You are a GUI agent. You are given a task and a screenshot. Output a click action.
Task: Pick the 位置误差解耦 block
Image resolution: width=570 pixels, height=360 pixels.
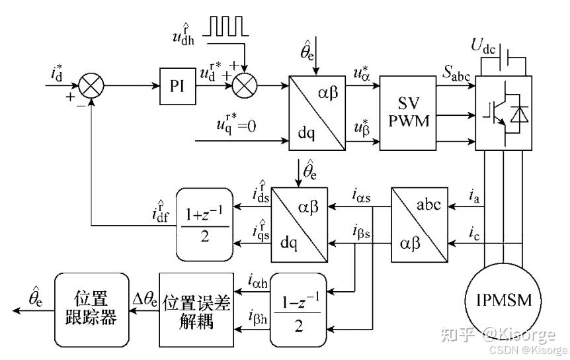[197, 310]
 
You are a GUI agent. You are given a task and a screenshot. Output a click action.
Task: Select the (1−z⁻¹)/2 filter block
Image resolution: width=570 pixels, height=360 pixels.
[298, 310]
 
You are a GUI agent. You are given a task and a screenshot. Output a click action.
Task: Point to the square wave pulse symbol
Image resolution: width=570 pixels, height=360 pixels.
[225, 26]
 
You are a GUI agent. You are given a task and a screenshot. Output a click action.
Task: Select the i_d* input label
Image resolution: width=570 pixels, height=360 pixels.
[58, 73]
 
